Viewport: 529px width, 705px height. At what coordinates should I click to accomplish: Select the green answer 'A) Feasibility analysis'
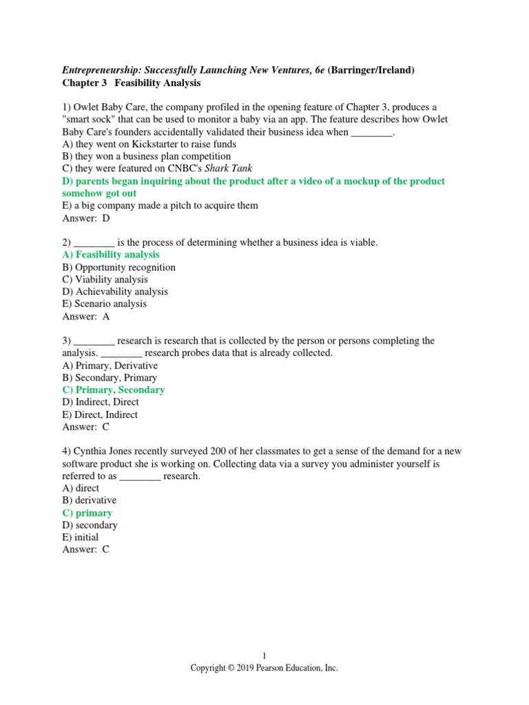click(x=110, y=255)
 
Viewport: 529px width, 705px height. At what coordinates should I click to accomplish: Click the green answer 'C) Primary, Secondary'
click(x=113, y=390)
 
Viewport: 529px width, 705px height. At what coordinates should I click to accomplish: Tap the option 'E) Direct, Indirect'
click(x=100, y=414)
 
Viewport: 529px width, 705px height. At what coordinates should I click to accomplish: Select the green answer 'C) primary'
click(x=87, y=513)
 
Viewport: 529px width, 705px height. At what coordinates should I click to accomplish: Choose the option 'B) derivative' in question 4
click(x=90, y=501)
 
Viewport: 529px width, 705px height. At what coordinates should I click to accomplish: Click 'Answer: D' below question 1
click(x=85, y=218)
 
